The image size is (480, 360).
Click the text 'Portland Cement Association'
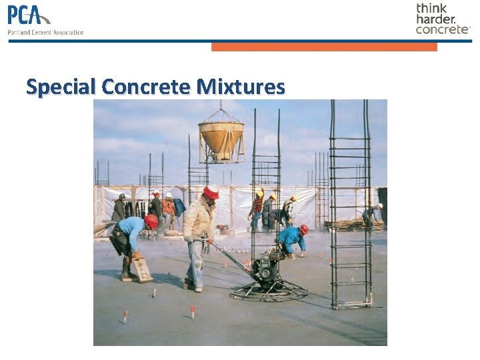click(x=45, y=32)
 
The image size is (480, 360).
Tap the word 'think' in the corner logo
click(x=431, y=9)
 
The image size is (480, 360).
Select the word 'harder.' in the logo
click(x=436, y=19)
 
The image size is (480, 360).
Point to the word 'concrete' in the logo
click(x=442, y=29)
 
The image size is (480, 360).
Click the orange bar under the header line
click(x=324, y=47)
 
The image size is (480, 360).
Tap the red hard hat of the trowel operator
click(x=211, y=192)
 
